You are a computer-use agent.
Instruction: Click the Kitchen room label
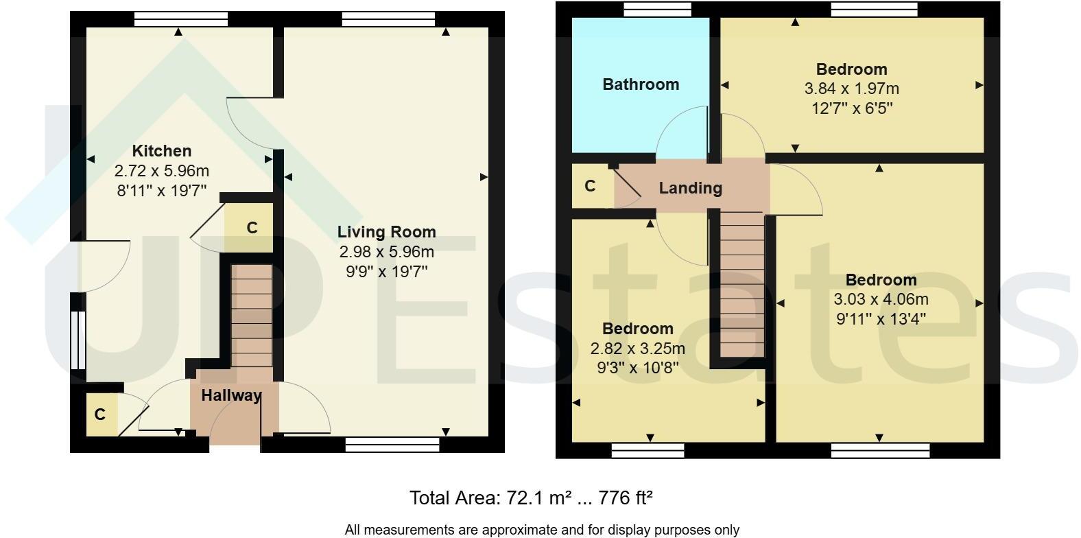[162, 151]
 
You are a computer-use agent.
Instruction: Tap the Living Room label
[387, 233]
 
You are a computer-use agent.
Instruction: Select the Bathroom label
[641, 84]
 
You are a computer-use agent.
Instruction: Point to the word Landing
[691, 188]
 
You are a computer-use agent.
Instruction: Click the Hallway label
[231, 395]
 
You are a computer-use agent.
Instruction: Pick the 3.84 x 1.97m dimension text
[852, 89]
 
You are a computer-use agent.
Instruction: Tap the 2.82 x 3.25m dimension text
[637, 349]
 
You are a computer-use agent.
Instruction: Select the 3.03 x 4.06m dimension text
[881, 299]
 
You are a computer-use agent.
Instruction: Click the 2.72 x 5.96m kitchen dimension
[162, 171]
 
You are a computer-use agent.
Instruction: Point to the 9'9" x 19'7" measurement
[387, 272]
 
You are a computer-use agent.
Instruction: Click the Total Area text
[531, 498]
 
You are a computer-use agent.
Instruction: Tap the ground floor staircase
[252, 316]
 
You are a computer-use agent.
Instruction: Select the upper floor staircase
[742, 285]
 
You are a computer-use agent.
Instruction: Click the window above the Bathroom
[657, 9]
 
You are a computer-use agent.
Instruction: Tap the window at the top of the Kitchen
[181, 19]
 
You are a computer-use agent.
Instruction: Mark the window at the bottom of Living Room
[392, 444]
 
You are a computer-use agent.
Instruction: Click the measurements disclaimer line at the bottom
[541, 530]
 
